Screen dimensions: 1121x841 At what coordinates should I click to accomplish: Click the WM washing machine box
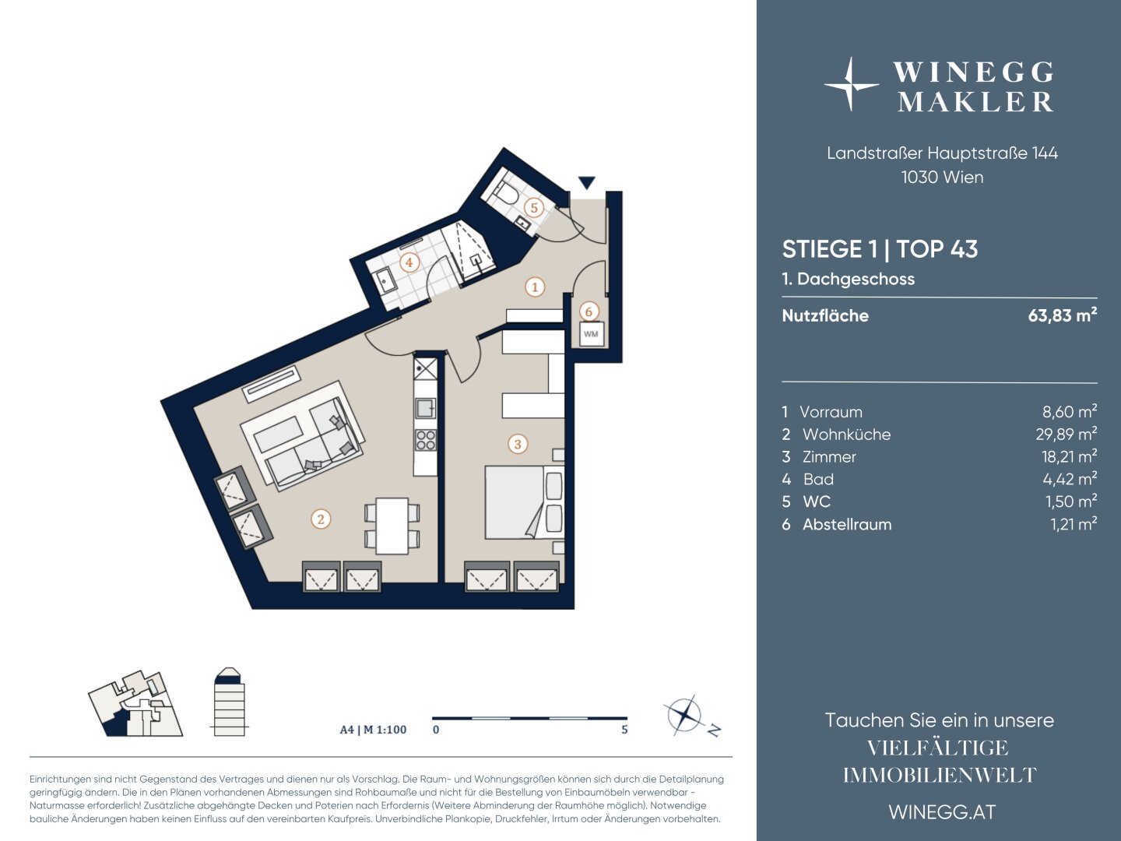[x=591, y=334]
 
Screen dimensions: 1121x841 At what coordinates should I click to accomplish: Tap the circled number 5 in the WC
[x=534, y=208]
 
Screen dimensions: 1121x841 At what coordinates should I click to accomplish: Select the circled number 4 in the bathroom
[x=409, y=262]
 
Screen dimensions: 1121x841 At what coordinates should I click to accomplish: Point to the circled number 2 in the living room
[x=321, y=519]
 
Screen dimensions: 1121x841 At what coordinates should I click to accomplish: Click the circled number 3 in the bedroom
[x=518, y=444]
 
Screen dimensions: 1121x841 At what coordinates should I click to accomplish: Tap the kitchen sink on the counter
[x=425, y=408]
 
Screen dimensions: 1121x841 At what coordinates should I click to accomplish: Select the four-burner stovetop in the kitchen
[x=425, y=440]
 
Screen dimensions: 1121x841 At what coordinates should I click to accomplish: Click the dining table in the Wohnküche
[x=392, y=526]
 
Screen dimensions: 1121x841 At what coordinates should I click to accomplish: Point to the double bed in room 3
[x=525, y=502]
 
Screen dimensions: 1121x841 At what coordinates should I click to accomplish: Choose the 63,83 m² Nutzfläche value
[x=1063, y=315]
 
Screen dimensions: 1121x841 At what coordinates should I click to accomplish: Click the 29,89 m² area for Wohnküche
[x=1066, y=434]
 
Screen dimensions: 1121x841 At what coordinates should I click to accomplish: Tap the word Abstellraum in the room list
[x=847, y=524]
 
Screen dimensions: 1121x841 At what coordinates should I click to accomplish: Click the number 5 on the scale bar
[x=624, y=730]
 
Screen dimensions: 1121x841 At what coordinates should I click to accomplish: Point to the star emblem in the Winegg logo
[x=850, y=84]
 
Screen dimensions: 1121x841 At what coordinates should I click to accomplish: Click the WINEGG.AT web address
[x=942, y=812]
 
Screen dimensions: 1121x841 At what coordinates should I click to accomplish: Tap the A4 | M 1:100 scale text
[x=374, y=730]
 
